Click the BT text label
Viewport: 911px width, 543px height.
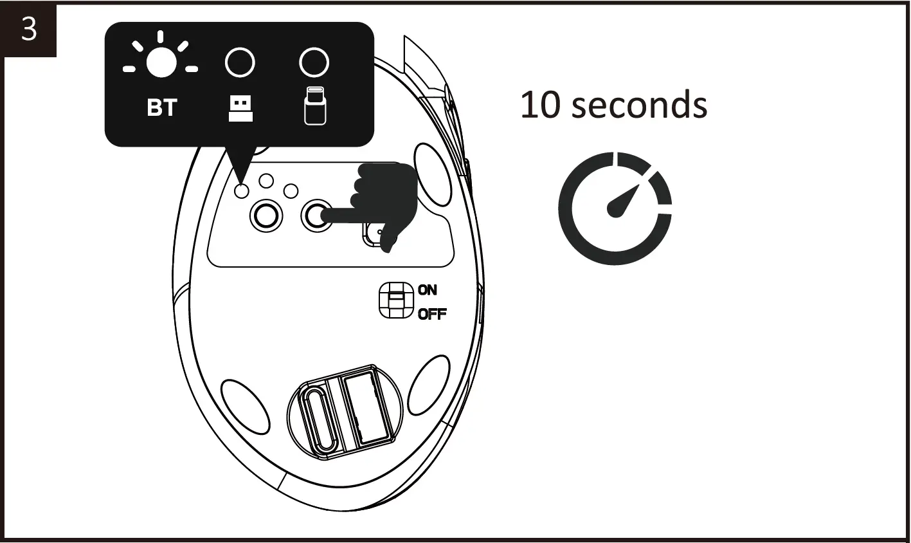coord(161,108)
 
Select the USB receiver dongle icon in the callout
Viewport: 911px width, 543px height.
coord(240,108)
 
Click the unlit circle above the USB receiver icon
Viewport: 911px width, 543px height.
coord(240,63)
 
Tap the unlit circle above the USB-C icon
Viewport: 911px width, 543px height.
coord(314,63)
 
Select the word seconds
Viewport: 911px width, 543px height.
coord(639,105)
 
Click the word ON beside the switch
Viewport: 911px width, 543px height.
coord(428,290)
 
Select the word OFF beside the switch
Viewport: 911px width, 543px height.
coord(432,315)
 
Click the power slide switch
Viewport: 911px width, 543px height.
coord(395,300)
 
